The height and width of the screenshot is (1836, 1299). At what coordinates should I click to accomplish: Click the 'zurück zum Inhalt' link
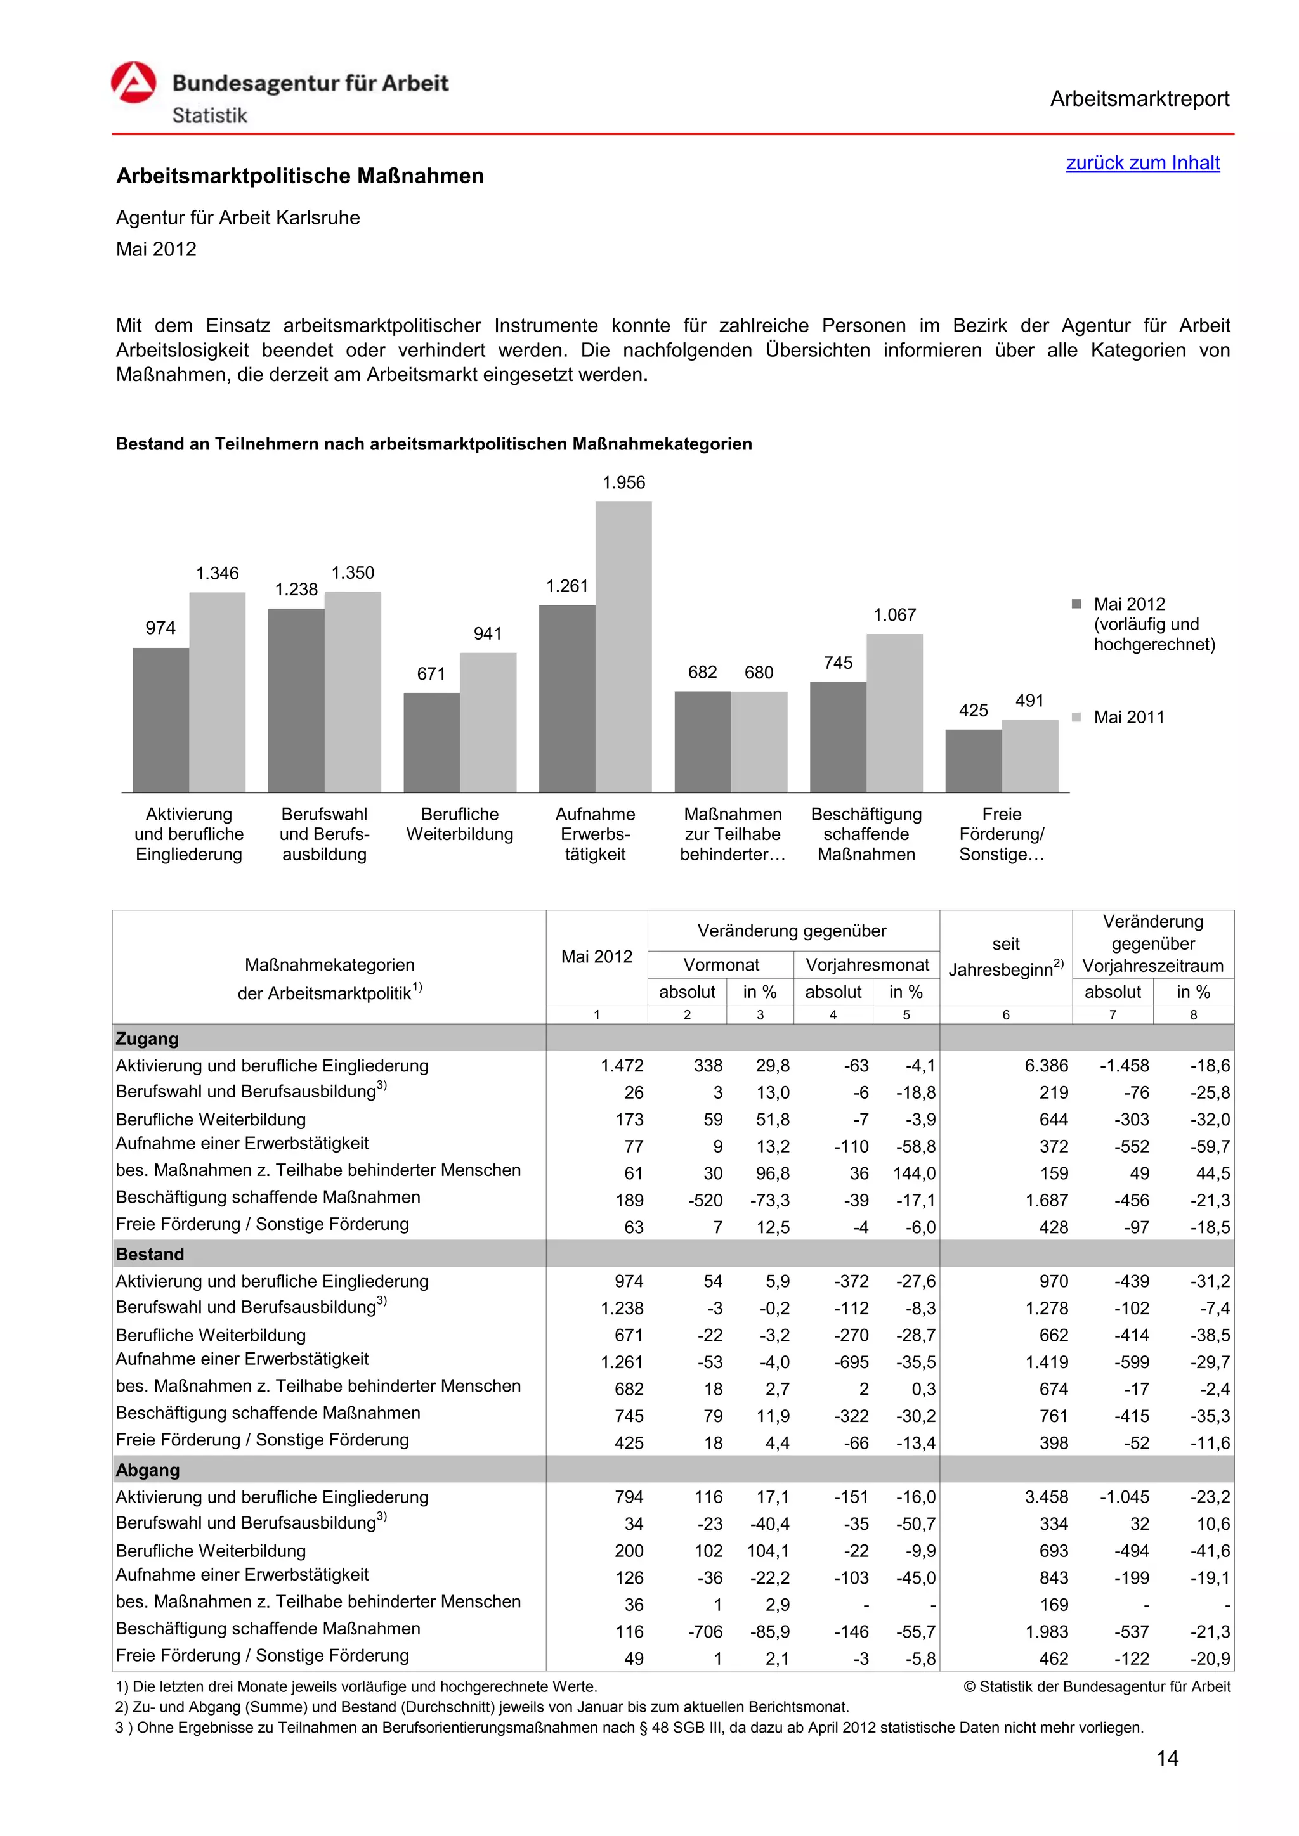[1142, 163]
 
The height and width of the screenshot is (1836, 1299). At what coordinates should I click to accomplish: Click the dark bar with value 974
[160, 720]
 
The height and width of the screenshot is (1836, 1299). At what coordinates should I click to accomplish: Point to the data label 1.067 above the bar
[894, 615]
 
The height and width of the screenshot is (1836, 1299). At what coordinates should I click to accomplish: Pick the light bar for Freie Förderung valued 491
[1029, 756]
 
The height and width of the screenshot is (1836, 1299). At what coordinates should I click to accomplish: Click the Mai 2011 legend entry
[1128, 717]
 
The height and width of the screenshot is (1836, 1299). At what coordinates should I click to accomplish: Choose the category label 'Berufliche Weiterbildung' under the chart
[460, 824]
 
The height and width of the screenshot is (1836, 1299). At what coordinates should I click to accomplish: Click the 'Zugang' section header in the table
[147, 1038]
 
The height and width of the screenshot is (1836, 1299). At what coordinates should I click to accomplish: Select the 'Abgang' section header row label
[147, 1470]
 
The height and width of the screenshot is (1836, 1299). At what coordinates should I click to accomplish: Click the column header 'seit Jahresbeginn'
[1005, 957]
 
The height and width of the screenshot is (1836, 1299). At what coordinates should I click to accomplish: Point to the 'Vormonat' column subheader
[721, 964]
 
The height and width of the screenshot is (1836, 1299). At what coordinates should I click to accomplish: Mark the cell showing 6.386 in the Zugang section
[1045, 1066]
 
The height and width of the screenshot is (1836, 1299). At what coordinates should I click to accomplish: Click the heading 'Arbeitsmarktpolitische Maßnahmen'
[300, 176]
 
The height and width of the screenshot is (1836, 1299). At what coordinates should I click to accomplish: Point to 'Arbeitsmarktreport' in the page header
[1139, 99]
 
